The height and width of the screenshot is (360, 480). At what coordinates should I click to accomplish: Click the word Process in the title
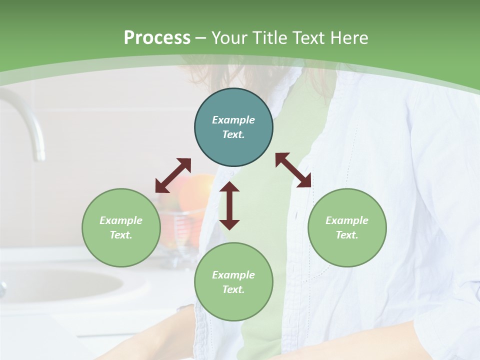(x=157, y=38)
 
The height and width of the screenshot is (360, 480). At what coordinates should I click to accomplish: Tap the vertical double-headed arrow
(x=229, y=205)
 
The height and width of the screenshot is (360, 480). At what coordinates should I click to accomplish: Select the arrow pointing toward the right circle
(x=293, y=170)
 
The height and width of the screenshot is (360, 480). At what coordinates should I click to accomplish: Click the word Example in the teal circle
(x=233, y=120)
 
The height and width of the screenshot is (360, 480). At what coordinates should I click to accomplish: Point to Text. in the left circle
(x=121, y=235)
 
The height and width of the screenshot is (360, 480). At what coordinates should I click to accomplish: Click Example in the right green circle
(x=347, y=220)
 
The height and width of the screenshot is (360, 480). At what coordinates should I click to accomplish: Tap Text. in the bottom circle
(x=233, y=289)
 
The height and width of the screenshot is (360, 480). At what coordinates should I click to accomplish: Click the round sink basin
(x=60, y=285)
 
